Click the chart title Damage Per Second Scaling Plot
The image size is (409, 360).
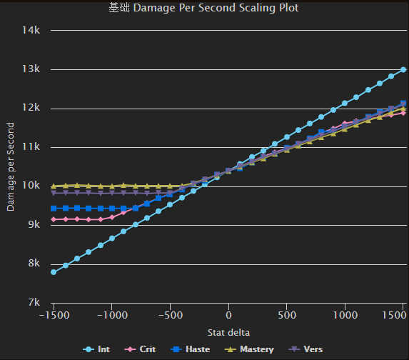[x=203, y=9]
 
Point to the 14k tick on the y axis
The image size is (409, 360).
[x=32, y=31]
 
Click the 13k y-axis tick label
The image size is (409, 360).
[x=32, y=69]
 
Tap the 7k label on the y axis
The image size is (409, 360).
[x=34, y=302]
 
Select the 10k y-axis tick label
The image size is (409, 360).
[x=32, y=186]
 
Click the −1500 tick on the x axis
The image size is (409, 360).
[x=54, y=315]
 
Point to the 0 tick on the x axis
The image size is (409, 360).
[x=228, y=315]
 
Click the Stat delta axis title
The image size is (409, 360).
[x=228, y=332]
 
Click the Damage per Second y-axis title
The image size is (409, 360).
[x=11, y=166]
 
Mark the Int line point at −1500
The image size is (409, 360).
[x=54, y=272]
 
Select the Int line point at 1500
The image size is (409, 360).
[x=403, y=69]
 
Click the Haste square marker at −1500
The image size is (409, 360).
[x=54, y=209]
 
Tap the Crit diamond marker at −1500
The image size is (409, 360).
[x=54, y=219]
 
